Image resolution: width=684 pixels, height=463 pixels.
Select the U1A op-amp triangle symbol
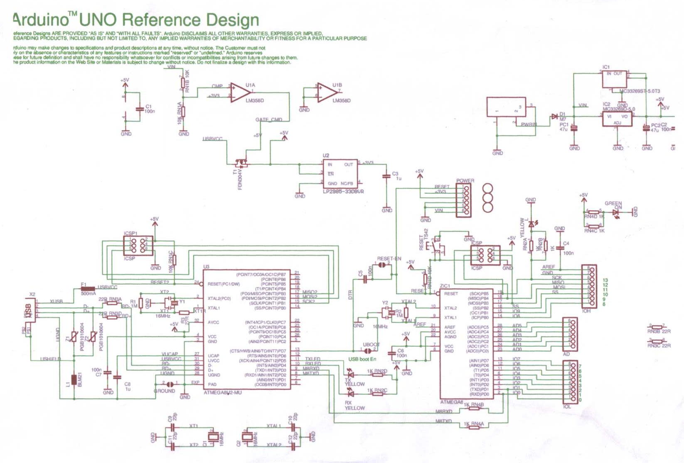pyautogui.click(x=240, y=92)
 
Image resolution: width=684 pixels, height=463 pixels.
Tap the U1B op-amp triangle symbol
pyautogui.click(x=327, y=92)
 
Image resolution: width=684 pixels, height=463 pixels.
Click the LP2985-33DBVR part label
pyautogui.click(x=343, y=192)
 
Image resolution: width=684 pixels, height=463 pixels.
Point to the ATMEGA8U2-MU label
pyautogui.click(x=223, y=392)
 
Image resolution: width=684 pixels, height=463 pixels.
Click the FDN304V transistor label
pyautogui.click(x=240, y=179)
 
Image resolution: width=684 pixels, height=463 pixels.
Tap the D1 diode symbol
pyautogui.click(x=554, y=117)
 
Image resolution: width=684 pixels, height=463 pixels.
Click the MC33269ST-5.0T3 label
pyautogui.click(x=639, y=91)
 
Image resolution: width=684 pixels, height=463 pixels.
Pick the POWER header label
pyautogui.click(x=465, y=181)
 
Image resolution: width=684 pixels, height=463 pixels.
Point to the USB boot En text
pyautogui.click(x=362, y=359)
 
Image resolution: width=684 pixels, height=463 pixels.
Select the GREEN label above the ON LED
pyautogui.click(x=613, y=203)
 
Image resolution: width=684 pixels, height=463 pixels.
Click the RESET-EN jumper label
pyautogui.click(x=389, y=259)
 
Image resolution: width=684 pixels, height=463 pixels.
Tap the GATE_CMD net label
pyautogui.click(x=268, y=120)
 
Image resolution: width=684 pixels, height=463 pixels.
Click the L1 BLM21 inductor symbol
pyautogui.click(x=74, y=380)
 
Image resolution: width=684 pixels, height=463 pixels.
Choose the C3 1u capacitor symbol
pyautogui.click(x=387, y=176)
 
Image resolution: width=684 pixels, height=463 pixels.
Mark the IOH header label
pyautogui.click(x=586, y=311)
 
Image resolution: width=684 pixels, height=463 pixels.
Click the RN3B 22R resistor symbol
pyautogui.click(x=657, y=327)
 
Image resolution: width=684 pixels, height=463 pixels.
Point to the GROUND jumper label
pyautogui.click(x=165, y=391)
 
